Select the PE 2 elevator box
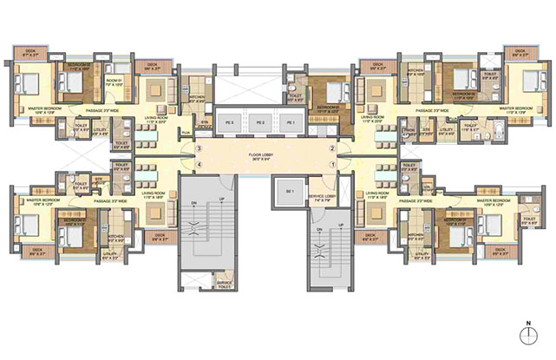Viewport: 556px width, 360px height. coord(259,123)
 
